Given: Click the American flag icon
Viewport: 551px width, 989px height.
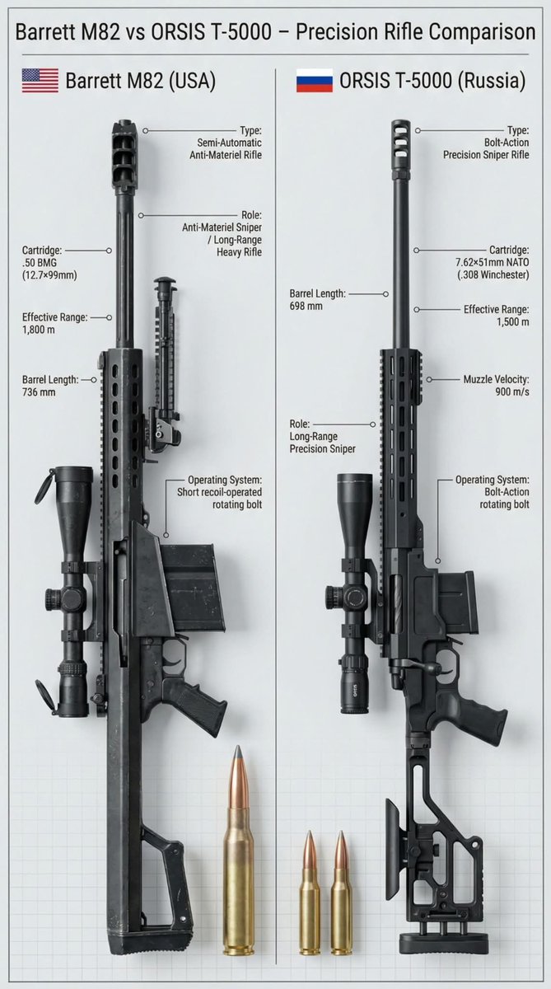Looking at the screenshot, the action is (x=40, y=81).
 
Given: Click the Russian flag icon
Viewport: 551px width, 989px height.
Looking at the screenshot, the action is (x=315, y=81).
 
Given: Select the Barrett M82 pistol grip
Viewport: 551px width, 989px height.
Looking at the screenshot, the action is (x=197, y=703).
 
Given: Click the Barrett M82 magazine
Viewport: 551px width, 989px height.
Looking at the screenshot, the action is (x=194, y=587).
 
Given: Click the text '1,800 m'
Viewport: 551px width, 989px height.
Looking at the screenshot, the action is (x=39, y=330).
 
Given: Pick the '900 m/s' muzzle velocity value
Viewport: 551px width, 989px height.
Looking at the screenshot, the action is (x=512, y=391).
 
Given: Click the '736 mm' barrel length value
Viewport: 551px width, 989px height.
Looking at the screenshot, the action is (x=39, y=392).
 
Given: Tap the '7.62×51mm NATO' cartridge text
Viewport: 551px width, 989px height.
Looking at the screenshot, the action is (x=493, y=262).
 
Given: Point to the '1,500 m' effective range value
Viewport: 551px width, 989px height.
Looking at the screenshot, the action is (x=513, y=322).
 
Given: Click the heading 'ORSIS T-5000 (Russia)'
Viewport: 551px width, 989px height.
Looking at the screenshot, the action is (x=432, y=81).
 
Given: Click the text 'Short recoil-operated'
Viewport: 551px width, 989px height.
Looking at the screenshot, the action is (x=219, y=492).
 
